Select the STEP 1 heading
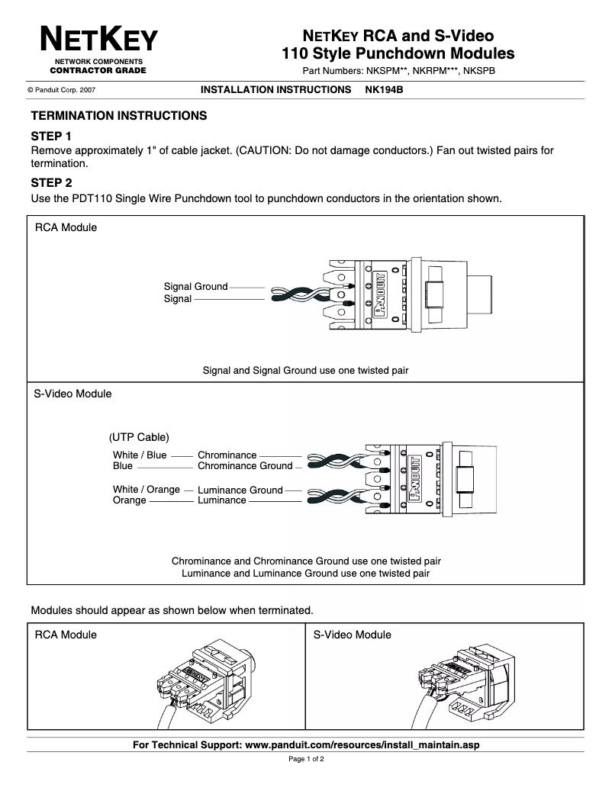click(x=51, y=137)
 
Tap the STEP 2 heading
click(x=51, y=183)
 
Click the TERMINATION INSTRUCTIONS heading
click(x=118, y=116)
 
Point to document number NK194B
click(x=384, y=89)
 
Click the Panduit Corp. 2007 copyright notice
click(x=61, y=90)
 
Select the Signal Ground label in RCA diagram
click(x=195, y=287)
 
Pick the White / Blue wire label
click(x=140, y=455)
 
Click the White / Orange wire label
click(x=147, y=490)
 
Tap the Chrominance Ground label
click(x=245, y=466)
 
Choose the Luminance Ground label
click(x=240, y=490)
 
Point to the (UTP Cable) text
click(x=139, y=438)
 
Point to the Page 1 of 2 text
click(x=306, y=760)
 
